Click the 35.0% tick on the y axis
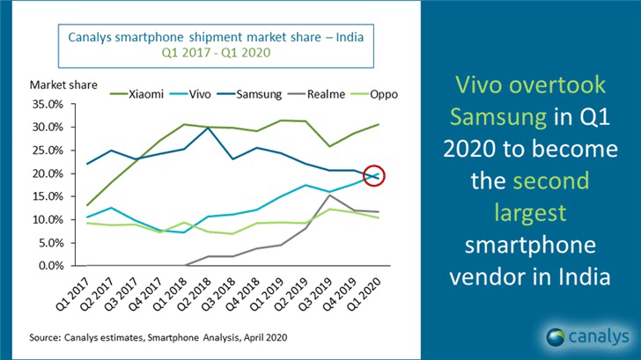(x=47, y=104)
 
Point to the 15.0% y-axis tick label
(x=47, y=196)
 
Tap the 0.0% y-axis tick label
(x=49, y=266)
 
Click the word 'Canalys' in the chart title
(x=92, y=38)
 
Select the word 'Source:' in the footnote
(x=46, y=336)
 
